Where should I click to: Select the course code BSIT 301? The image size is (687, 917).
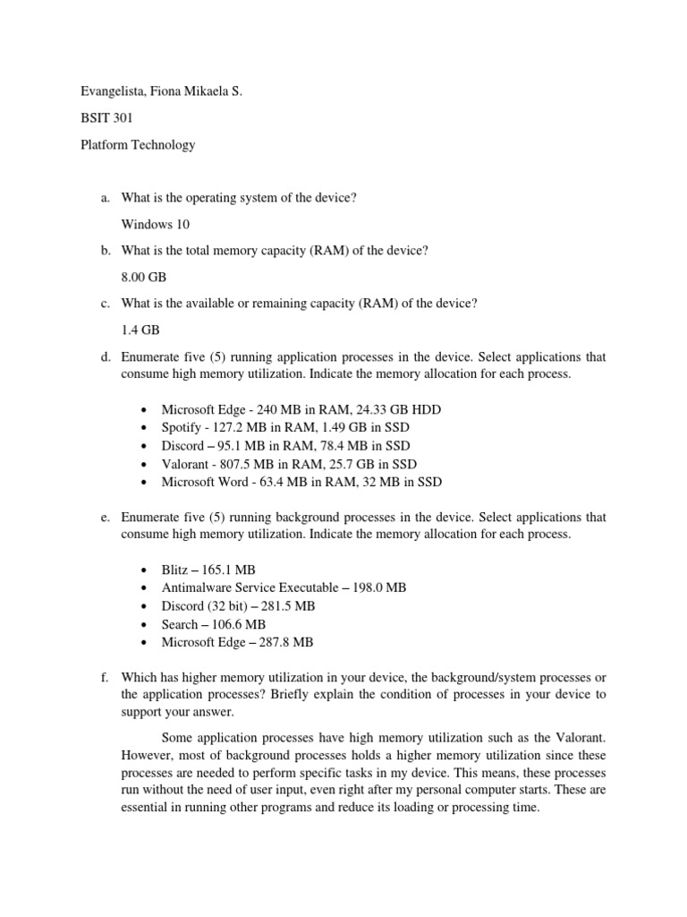(99, 117)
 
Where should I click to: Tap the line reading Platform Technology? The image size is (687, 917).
(133, 144)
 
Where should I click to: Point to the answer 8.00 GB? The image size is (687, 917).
(144, 278)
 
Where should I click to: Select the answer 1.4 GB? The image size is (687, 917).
(139, 330)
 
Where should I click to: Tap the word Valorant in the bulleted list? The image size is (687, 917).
(187, 464)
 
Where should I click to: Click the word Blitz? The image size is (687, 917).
(176, 570)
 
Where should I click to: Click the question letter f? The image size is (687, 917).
(105, 678)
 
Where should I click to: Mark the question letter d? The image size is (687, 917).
(105, 357)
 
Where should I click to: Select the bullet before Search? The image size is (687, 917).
(145, 624)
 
